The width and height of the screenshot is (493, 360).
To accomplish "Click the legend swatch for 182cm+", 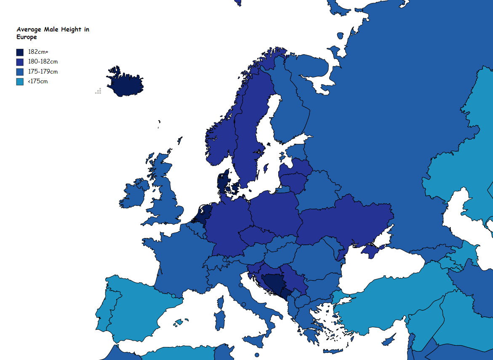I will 20,52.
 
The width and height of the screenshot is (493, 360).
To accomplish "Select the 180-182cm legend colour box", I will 20,62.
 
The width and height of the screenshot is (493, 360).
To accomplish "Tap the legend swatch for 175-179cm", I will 20,72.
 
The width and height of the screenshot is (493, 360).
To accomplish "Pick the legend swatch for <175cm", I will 20,82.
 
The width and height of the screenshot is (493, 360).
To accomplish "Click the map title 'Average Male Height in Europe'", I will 53,33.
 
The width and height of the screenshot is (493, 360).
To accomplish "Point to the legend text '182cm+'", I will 38,52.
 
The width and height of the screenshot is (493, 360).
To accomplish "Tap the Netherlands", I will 202,215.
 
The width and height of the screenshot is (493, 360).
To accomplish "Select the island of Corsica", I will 220,302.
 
